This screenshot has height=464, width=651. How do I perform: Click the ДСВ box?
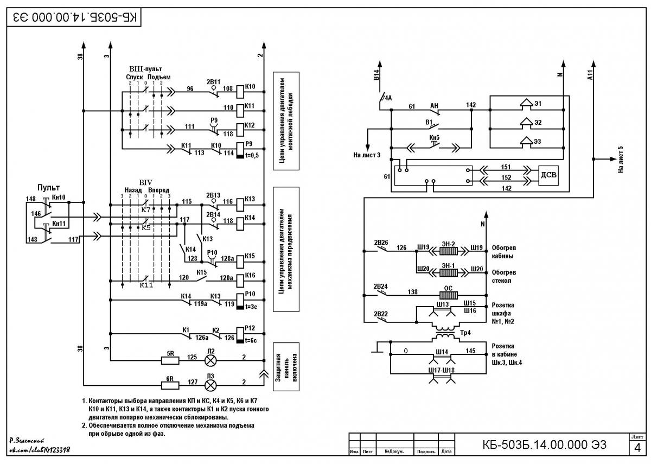tap(548, 175)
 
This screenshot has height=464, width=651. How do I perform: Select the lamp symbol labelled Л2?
tap(210, 361)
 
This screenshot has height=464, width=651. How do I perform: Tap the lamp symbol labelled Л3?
tap(210, 385)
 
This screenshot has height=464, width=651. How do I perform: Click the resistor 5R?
tap(170, 361)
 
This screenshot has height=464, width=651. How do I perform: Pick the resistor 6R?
tap(170, 385)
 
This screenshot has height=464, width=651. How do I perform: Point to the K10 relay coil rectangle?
tap(240, 92)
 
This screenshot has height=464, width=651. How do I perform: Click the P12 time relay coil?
tap(240, 335)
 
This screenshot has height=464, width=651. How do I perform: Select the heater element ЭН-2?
tap(449, 251)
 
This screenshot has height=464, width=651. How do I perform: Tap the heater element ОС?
tap(449, 295)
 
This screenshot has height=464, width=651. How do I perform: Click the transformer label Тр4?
tap(465, 333)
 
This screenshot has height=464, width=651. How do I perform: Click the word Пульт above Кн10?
tap(48, 188)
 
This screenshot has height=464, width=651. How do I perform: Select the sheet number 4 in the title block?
tap(637, 448)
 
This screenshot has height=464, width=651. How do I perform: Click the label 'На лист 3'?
tap(367, 155)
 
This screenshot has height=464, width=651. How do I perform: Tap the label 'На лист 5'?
tap(621, 160)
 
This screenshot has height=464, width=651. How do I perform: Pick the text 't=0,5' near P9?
tap(252, 155)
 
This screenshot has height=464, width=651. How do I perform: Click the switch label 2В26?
tap(381, 243)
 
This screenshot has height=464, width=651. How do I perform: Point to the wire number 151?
tap(506, 167)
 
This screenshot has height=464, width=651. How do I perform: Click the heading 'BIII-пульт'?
tap(145, 69)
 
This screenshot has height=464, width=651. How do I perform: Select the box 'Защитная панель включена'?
tap(286, 367)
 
